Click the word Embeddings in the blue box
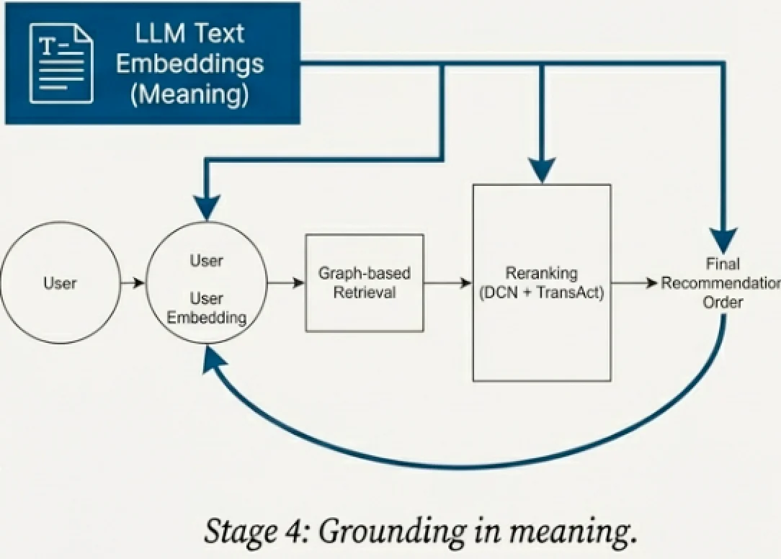click(x=190, y=63)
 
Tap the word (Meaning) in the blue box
click(x=189, y=94)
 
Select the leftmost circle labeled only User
click(x=59, y=282)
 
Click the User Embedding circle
click(x=206, y=282)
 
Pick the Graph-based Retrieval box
click(x=364, y=282)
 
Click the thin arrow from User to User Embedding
click(x=131, y=282)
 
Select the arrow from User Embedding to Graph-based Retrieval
click(x=285, y=282)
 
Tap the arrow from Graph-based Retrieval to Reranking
click(x=447, y=282)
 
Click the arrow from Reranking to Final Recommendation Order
click(x=635, y=282)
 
